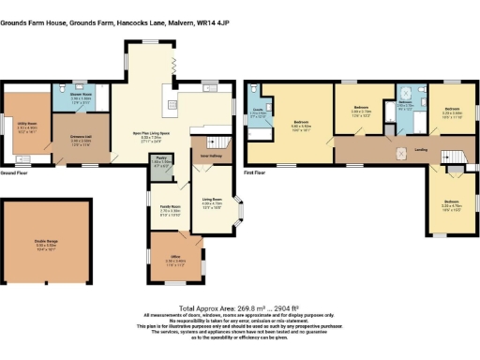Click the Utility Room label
click(24, 126)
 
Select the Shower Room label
click(80, 96)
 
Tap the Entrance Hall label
click(79, 142)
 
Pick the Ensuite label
click(257, 112)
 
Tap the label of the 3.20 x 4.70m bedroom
click(451, 202)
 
